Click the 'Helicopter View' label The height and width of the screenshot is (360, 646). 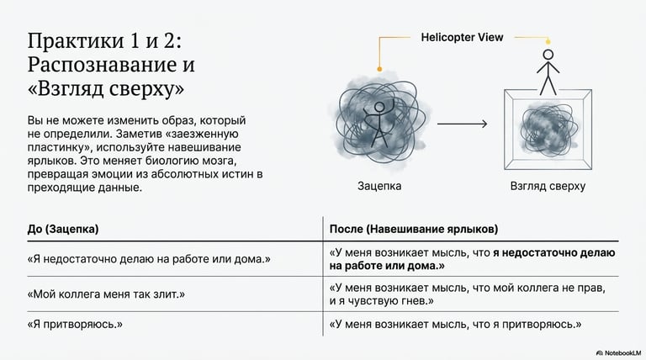click(462, 38)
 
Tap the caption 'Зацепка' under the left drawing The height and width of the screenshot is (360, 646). click(379, 185)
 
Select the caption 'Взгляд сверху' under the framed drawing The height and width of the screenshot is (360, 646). click(548, 186)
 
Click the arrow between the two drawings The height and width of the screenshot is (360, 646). click(462, 124)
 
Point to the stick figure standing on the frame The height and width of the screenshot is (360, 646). click(548, 71)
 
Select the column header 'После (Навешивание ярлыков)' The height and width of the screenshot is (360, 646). click(413, 229)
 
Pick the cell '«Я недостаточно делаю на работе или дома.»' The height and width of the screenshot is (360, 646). click(149, 258)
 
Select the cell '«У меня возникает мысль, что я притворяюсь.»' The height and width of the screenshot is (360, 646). click(456, 324)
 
